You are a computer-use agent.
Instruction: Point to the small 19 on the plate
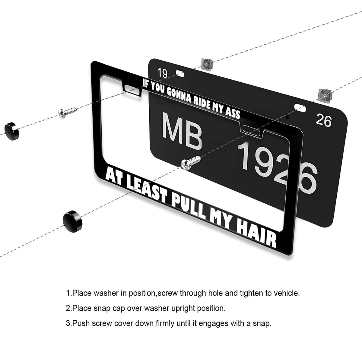click(163, 73)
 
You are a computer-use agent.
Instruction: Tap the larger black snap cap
click(72, 221)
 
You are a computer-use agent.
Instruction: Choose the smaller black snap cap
click(12, 131)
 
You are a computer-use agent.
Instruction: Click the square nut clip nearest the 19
click(207, 63)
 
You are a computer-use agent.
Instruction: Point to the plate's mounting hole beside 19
click(180, 74)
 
